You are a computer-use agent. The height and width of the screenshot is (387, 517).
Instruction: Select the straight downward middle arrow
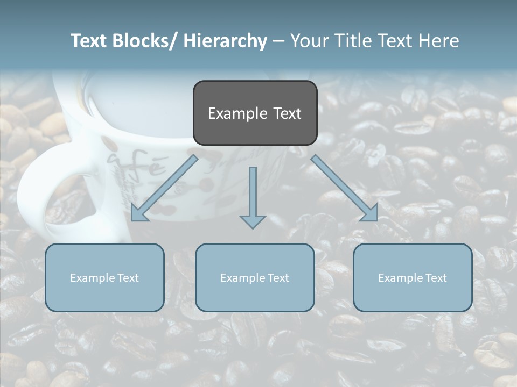[x=253, y=196]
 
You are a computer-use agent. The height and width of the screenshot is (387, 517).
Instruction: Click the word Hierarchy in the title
[x=225, y=41]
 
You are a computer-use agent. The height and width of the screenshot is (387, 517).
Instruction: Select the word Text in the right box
[x=435, y=278]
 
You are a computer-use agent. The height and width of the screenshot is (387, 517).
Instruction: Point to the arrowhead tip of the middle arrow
[x=253, y=228]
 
